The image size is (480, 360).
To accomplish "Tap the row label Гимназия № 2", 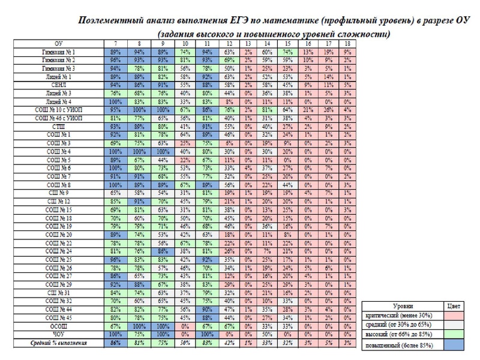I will [59, 61].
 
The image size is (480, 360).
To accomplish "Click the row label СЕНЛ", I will [59, 86].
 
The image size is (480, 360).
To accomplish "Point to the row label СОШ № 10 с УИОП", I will [59, 110].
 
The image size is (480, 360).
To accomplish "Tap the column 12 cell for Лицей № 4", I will [227, 102].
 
